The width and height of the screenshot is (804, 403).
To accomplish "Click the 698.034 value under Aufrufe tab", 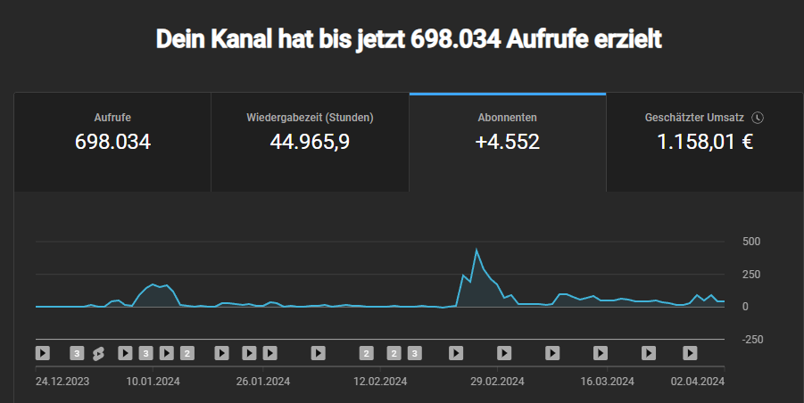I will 112,142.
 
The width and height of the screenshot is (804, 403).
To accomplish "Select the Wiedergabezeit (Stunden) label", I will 310,118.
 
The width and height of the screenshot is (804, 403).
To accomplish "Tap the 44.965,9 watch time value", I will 310,142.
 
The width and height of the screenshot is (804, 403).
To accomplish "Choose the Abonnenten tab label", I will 508,118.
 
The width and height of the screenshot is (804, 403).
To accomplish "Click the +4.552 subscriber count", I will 508,142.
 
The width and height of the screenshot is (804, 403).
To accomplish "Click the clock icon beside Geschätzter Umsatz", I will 758,118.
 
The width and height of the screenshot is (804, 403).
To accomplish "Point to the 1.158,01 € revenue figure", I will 705,142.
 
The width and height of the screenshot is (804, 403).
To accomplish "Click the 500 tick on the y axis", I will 750,242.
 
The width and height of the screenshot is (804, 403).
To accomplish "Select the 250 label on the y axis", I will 750,275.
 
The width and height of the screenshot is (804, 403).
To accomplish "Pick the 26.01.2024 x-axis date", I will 264,381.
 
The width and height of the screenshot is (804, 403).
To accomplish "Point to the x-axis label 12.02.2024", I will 381,381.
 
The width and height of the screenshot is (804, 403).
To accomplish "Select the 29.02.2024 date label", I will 496,381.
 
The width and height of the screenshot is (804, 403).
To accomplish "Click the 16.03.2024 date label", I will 608,381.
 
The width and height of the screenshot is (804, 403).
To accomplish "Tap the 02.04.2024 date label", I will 698,381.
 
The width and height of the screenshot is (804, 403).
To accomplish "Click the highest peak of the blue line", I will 477,250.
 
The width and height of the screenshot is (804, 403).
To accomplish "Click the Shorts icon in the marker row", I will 98,353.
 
